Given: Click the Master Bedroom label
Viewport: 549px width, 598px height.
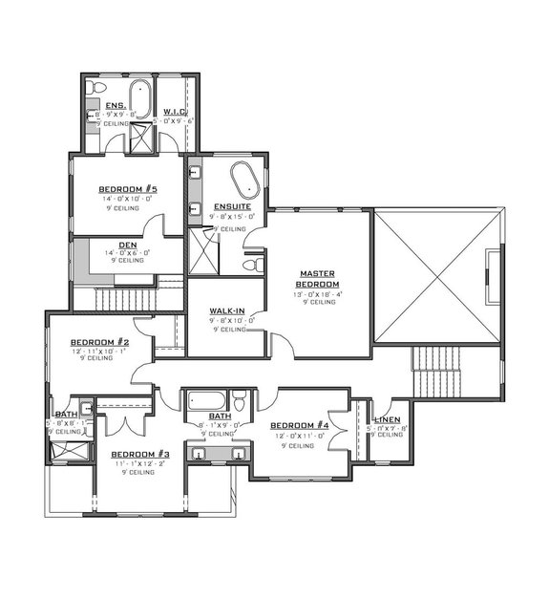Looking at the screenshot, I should click(317, 278).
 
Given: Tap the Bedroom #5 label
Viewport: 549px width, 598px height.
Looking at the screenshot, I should click(127, 189).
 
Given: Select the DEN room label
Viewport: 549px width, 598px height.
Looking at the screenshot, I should click(127, 245).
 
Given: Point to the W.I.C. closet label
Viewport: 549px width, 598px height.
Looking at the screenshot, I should click(174, 112).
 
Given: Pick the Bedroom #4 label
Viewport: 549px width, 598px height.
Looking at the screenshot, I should click(299, 426).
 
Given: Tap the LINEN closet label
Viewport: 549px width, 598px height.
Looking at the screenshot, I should click(387, 419).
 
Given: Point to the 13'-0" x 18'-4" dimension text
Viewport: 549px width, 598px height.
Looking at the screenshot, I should click(317, 295).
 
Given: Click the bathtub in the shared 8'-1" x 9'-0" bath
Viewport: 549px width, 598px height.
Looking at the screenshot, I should click(207, 400).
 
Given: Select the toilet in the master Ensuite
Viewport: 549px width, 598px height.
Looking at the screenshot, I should click(250, 264).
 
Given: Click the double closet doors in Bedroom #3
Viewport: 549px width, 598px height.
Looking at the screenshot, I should click(125, 423).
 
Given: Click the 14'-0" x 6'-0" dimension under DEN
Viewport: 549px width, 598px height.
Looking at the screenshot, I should click(127, 252).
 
